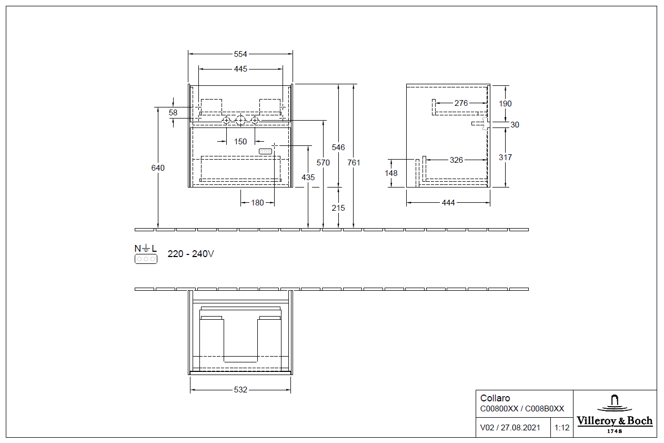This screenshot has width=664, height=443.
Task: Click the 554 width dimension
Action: point(240,54)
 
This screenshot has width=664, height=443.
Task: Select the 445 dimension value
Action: point(240,69)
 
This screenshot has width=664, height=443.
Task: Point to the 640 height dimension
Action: point(158,168)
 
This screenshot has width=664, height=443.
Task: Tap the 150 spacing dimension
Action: point(240,142)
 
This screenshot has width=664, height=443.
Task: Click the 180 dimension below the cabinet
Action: point(257,203)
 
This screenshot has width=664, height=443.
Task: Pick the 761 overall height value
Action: point(354,163)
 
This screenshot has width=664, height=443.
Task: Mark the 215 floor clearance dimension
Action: point(338,208)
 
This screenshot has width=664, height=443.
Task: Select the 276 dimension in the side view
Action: point(461,103)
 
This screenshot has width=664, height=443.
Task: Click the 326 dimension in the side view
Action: point(457,160)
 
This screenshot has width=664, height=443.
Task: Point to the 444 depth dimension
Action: point(448,203)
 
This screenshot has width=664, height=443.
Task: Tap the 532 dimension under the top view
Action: point(240,390)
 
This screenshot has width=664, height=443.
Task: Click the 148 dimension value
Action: point(391,173)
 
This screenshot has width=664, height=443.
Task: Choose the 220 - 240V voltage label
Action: point(190,254)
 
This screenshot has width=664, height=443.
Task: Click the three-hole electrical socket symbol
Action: point(146,259)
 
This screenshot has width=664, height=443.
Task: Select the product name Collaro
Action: point(495,398)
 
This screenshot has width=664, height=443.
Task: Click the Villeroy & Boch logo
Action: point(615,414)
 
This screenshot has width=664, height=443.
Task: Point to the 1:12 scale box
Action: point(562,428)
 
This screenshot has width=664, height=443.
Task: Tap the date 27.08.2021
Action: point(520,428)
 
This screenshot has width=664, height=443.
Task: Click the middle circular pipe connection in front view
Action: point(240,121)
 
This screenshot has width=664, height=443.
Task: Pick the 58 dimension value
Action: point(173,113)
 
